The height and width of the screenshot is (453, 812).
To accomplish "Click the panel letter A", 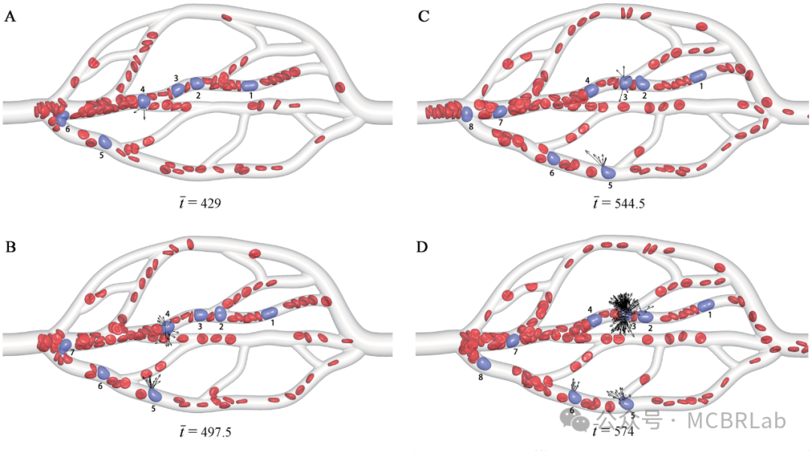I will (11, 17).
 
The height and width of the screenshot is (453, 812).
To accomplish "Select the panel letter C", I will (423, 17).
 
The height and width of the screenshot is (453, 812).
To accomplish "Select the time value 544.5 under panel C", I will (626, 203).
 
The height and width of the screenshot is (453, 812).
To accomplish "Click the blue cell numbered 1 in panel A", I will (250, 86).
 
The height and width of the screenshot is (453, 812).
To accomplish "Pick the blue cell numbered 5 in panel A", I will (105, 141).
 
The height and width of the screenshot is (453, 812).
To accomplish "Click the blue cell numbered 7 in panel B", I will (65, 345).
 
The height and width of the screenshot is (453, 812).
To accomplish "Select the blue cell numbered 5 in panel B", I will (155, 394).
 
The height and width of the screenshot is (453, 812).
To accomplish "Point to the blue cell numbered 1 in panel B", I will (270, 312).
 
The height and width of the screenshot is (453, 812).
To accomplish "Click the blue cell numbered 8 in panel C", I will (467, 114).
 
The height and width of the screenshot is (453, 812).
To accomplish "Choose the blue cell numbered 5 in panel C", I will (609, 172).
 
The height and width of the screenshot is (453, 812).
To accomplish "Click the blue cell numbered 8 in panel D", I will (483, 363).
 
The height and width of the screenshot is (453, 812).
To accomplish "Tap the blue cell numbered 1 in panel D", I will (705, 304).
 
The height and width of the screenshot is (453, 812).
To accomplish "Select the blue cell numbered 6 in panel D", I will (574, 397).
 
